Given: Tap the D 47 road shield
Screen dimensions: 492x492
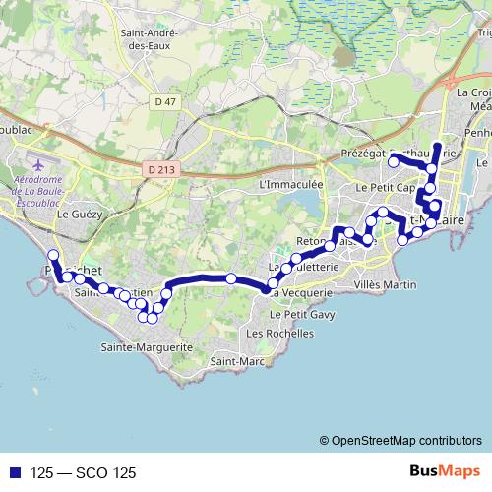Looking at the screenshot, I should [x=165, y=100].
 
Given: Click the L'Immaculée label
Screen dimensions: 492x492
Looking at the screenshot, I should [x=289, y=184].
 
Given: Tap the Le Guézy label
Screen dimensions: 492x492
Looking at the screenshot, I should [x=76, y=213].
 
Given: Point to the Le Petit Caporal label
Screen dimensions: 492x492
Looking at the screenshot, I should [x=379, y=186].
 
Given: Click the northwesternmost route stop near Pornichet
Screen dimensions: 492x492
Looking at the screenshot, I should [x=52, y=256].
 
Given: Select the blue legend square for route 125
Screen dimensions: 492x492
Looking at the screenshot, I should [x=12, y=472].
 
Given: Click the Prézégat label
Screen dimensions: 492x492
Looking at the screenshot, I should [x=365, y=154].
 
